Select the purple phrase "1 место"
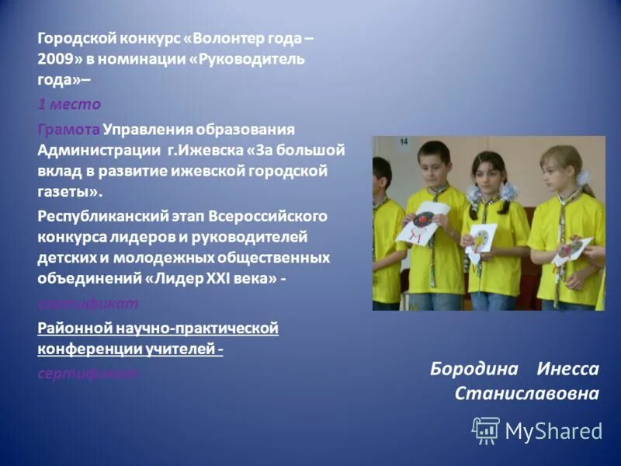pyautogui.click(x=69, y=103)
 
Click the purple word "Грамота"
pyautogui.click(x=69, y=128)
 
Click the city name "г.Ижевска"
pyautogui.click(x=203, y=149)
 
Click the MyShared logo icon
pyautogui.click(x=486, y=430)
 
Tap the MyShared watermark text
pyautogui.click(x=553, y=431)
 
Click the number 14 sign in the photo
pyautogui.click(x=404, y=141)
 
